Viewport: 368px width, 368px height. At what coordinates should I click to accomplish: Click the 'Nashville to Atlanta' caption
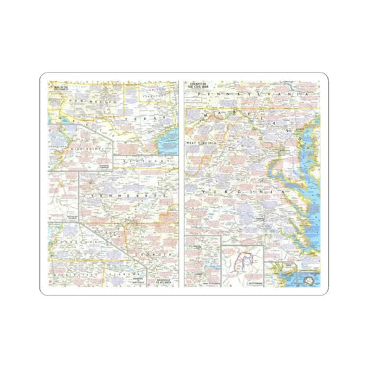163,281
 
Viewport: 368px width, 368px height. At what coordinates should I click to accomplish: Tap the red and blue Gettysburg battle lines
243,262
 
